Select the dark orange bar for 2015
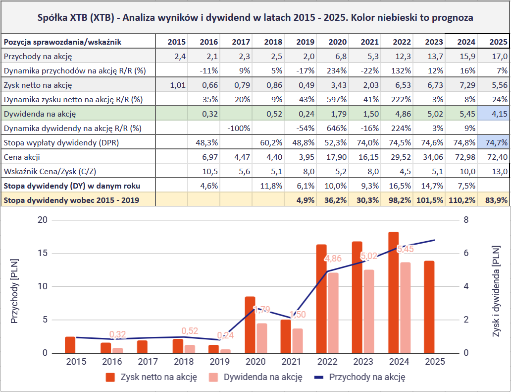coord(70,345)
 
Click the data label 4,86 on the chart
coord(332,259)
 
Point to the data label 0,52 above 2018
coord(190,330)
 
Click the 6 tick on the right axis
coord(465,253)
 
